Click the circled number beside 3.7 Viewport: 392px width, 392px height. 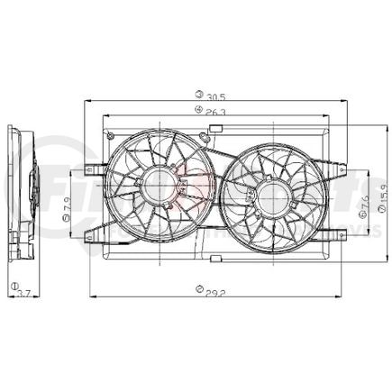(14, 286)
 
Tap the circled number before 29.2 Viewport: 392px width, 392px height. (197, 291)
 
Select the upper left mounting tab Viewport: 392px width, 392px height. (95, 168)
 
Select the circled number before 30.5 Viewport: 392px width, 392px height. (196, 95)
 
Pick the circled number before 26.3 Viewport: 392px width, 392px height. (196, 112)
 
